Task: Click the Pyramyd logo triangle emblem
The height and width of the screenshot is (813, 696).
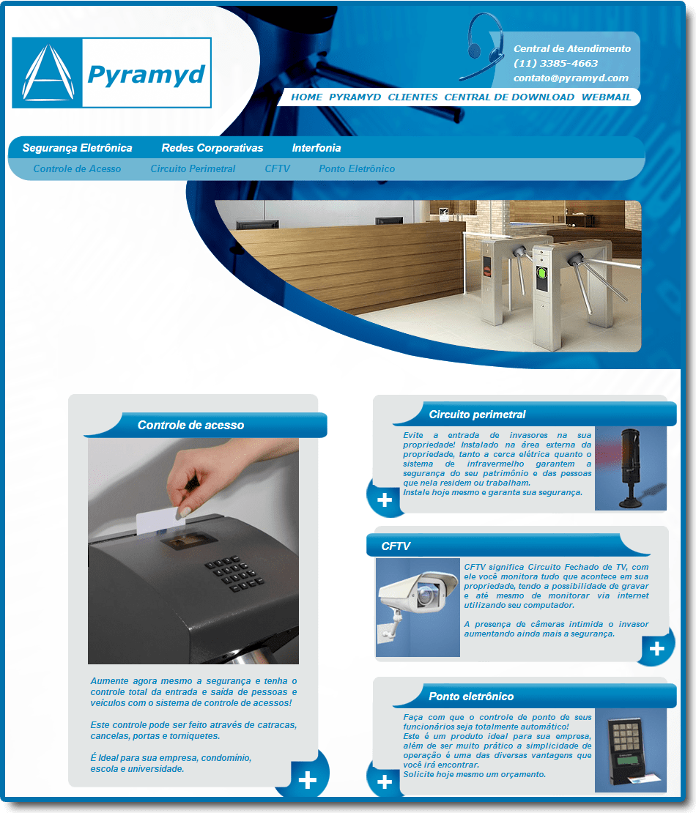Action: click(x=47, y=73)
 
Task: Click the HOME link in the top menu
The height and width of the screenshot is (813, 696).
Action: click(x=306, y=97)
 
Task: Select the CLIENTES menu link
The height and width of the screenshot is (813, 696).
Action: click(x=412, y=97)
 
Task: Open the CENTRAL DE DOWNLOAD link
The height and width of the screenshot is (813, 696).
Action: click(x=509, y=97)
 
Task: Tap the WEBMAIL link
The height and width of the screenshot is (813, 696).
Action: click(x=607, y=97)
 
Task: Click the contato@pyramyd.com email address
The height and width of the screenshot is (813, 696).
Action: click(x=571, y=78)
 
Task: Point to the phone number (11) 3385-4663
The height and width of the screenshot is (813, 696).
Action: click(x=556, y=63)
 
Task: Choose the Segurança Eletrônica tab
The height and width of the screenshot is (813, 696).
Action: click(x=77, y=148)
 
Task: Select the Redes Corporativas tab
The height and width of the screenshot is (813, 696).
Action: click(x=212, y=148)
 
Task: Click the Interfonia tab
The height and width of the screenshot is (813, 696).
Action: click(x=316, y=148)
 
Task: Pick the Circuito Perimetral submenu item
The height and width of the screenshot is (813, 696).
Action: click(x=193, y=168)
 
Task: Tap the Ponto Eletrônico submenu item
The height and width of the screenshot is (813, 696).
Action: click(x=357, y=168)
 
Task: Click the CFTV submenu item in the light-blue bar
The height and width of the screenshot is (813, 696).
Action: click(x=278, y=168)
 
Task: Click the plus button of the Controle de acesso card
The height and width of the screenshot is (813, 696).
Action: click(x=307, y=779)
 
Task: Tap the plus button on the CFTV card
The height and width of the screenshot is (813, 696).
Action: click(x=656, y=648)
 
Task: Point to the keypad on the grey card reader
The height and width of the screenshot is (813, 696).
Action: click(x=234, y=573)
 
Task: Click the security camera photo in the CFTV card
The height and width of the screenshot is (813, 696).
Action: click(x=418, y=607)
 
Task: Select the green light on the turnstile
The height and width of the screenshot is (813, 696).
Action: click(x=541, y=272)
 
